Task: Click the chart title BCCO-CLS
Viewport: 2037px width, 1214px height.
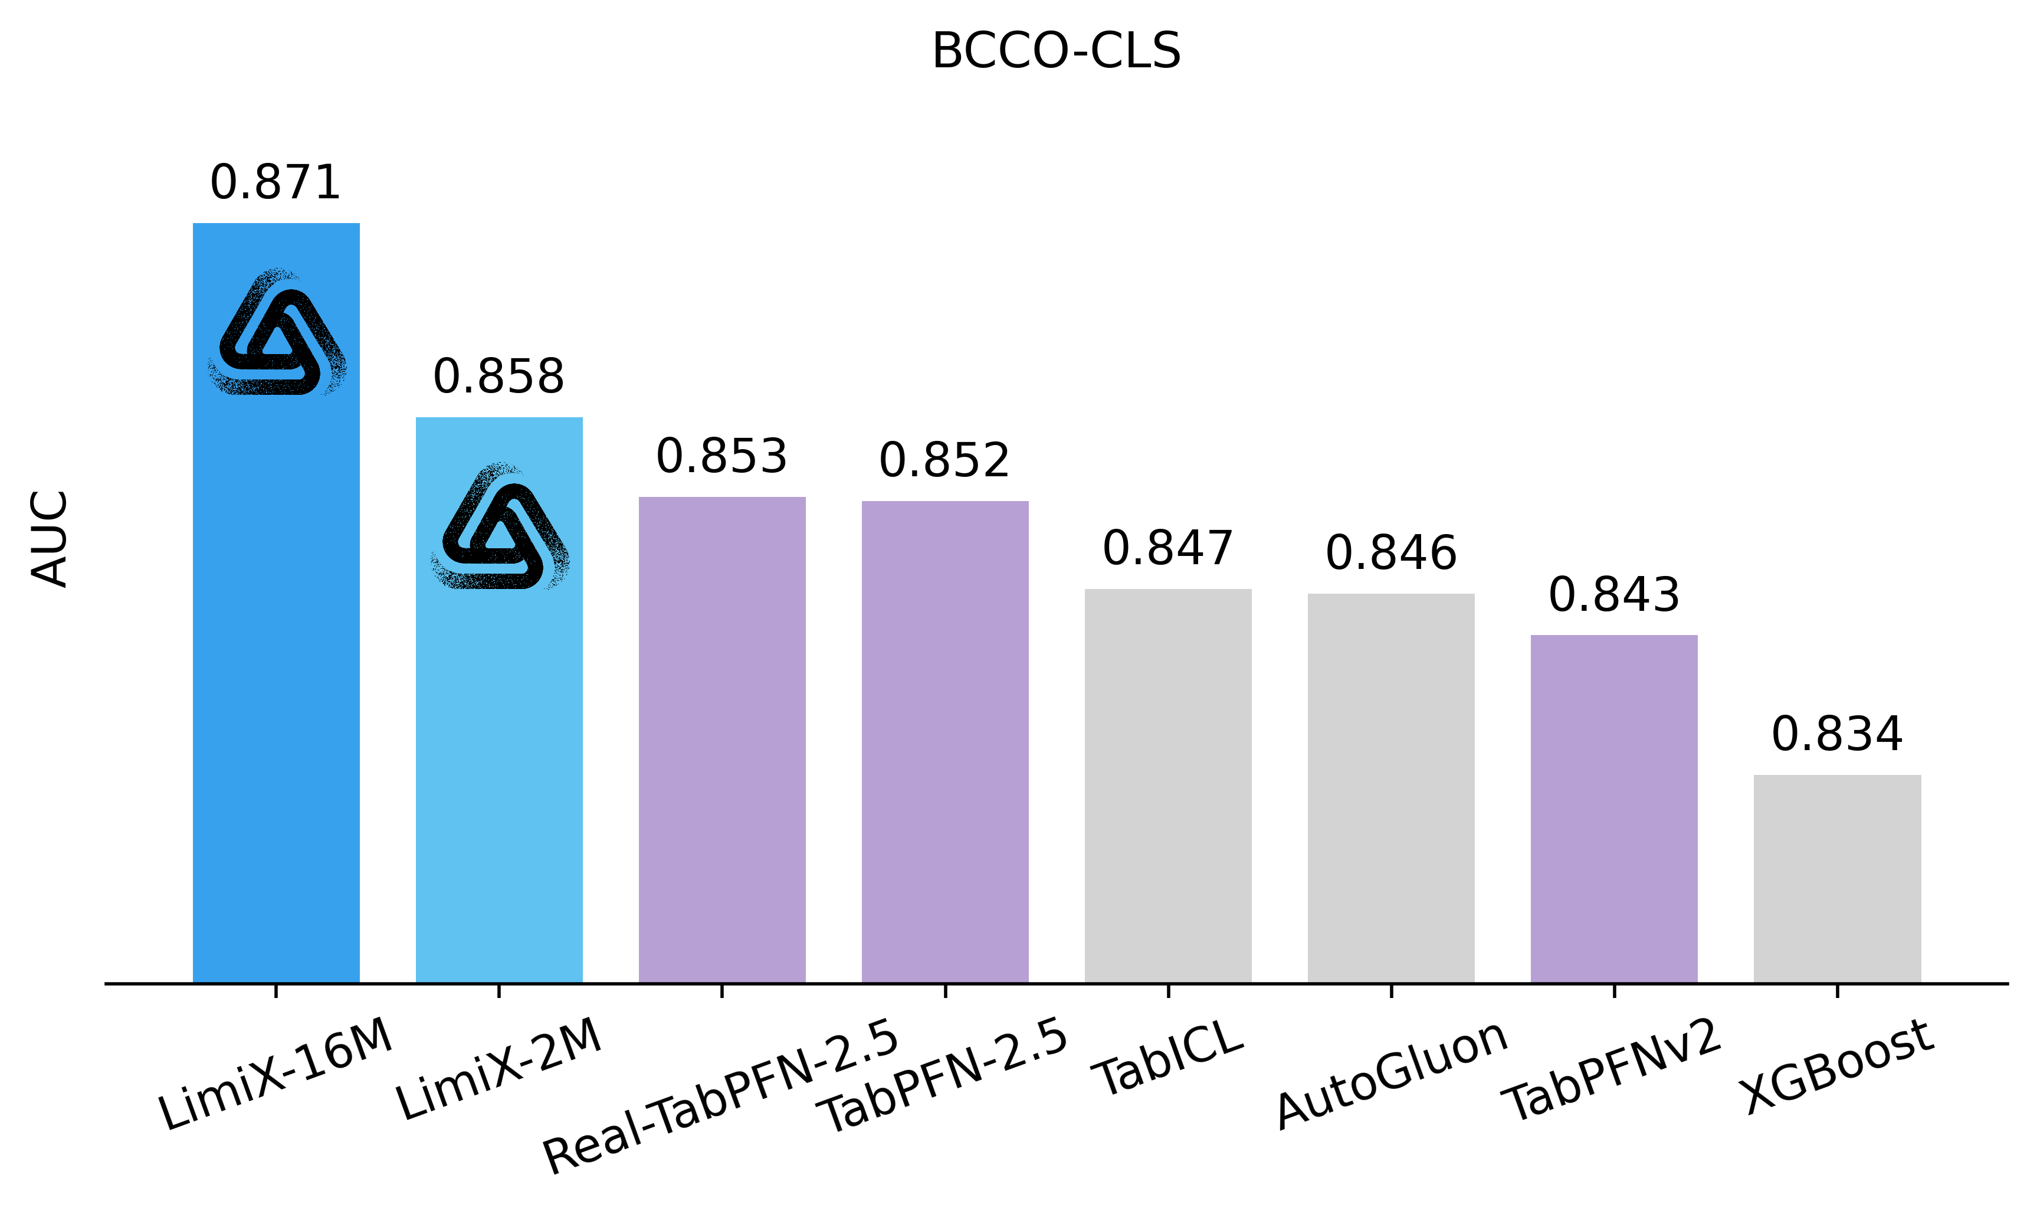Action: point(1056,51)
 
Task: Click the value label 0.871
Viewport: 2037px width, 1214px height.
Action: point(275,182)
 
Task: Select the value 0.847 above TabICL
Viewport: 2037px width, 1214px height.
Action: point(1167,548)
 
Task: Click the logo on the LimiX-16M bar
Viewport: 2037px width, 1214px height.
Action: point(277,332)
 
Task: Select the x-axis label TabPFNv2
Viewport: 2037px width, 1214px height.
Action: point(1614,1070)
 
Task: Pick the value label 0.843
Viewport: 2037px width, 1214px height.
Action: point(1613,595)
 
